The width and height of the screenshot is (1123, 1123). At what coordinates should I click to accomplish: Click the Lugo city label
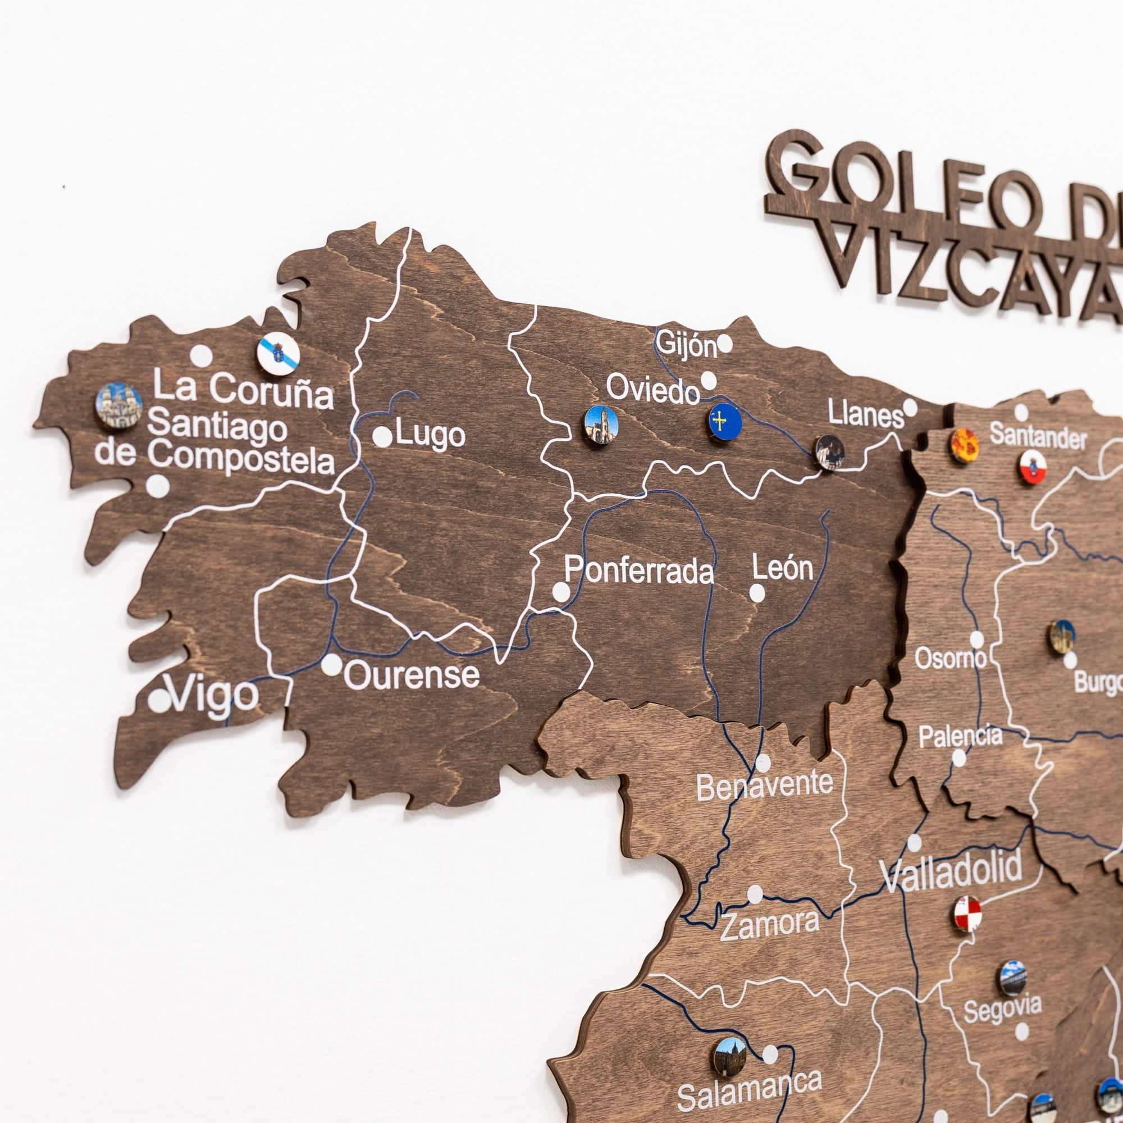coord(430,435)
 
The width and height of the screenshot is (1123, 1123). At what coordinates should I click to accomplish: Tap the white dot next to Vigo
coord(159,701)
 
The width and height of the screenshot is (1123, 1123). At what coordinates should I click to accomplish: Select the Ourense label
coord(412,675)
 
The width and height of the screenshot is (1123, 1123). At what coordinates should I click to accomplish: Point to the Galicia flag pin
coord(279,353)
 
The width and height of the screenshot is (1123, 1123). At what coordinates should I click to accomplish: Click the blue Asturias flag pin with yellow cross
coord(725,422)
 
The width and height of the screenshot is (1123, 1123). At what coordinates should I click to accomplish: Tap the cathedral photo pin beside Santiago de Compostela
coord(118,406)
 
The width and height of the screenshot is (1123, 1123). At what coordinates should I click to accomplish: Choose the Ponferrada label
coord(639,571)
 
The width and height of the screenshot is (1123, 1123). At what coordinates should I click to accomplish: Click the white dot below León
coord(757,593)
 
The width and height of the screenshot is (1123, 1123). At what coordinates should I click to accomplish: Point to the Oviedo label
coord(652,389)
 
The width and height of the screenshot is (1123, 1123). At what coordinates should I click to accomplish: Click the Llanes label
coord(865,415)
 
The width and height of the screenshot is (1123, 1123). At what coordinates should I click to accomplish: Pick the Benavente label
coord(764,786)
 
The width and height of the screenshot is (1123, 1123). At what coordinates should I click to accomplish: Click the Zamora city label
coord(770,925)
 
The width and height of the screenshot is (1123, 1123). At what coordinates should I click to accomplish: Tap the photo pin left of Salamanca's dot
coord(730,1056)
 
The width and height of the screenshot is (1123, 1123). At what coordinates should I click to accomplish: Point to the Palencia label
coord(960,737)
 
